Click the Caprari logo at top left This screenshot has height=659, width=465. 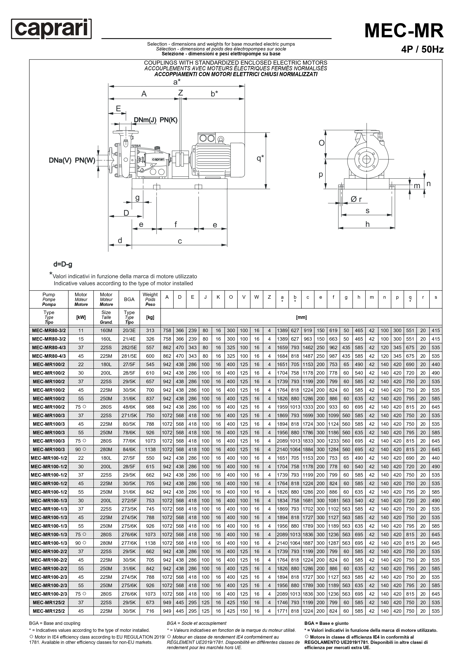(x=51, y=29)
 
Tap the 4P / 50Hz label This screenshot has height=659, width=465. (x=422, y=49)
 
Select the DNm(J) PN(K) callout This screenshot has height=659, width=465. (x=156, y=120)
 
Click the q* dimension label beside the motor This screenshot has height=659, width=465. (x=260, y=158)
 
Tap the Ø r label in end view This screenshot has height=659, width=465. (x=356, y=199)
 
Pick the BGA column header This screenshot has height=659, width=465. (x=129, y=299)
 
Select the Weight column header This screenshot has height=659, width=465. (x=150, y=299)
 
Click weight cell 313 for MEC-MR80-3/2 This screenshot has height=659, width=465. (x=150, y=330)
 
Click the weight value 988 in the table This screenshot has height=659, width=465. (x=150, y=407)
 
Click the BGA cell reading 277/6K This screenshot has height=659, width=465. (x=129, y=543)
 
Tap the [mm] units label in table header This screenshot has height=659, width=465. (x=301, y=317)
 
